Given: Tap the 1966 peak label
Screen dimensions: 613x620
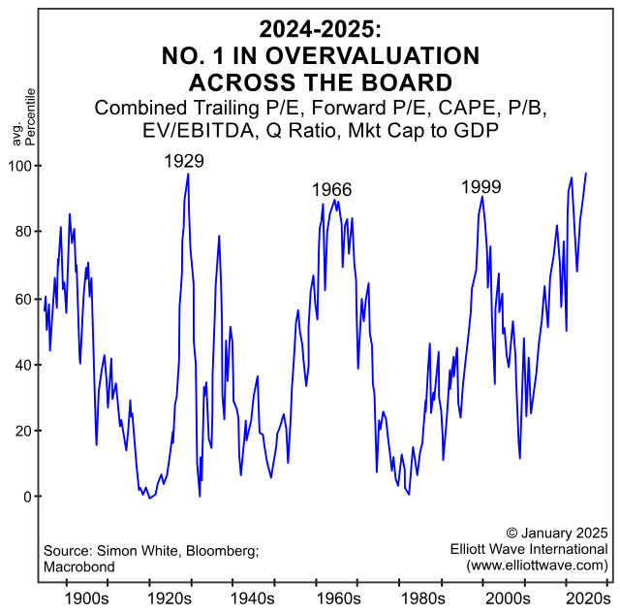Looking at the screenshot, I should [331, 190].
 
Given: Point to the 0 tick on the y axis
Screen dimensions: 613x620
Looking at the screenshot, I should [24, 497].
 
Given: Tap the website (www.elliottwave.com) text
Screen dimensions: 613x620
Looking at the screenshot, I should [537, 565].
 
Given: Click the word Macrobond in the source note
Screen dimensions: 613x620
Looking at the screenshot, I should [79, 566].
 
